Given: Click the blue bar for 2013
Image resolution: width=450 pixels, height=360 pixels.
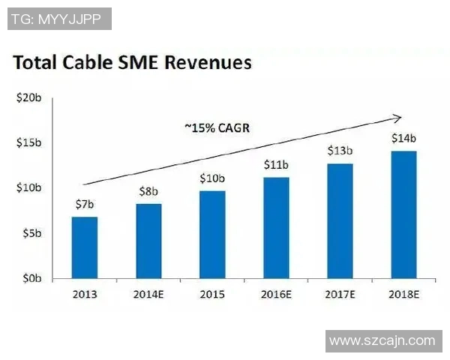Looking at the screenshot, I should point(84,247).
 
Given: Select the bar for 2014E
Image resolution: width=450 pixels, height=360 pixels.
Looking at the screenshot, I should point(148,241).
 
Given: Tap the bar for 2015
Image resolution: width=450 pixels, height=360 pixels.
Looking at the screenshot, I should point(212,234).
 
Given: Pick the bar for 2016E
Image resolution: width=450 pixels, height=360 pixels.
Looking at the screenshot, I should point(276,227).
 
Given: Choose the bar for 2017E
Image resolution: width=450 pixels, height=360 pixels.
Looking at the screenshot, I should point(340,220).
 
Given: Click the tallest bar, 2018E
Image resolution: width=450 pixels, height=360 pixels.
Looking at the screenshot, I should point(403,214).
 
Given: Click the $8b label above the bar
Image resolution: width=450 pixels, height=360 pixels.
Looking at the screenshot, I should point(148,192).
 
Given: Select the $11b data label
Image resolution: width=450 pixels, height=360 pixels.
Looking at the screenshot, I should point(276,164).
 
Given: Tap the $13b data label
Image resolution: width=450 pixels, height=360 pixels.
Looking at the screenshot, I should point(340,151).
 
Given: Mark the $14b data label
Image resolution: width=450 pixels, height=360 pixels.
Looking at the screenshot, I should point(403,139).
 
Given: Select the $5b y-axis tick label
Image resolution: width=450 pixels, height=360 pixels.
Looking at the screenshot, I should point(31,233).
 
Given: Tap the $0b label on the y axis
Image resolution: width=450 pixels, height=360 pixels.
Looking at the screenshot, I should point(31,278).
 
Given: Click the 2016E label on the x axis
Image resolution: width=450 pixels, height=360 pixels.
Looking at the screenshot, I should point(276,294).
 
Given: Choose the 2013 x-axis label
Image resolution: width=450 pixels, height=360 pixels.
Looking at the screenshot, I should point(84,294).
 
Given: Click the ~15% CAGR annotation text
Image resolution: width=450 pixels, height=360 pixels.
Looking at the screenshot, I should point(217,127).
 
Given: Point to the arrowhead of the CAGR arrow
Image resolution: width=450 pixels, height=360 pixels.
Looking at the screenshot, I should point(398,117).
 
